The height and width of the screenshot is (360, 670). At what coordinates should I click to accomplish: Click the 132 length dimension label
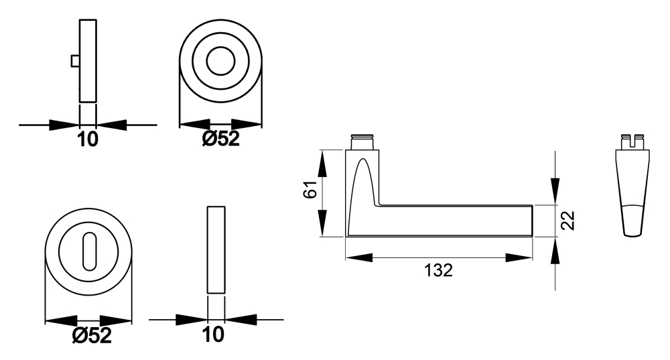438,270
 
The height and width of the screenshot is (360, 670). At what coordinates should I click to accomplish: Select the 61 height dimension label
311,189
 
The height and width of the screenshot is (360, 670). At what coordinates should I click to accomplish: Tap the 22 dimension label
568,221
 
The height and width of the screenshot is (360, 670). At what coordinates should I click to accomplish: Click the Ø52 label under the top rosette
220,139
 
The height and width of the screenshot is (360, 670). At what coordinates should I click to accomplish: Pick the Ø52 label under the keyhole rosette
92,336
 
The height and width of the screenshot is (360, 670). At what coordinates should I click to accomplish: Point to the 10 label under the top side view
88,139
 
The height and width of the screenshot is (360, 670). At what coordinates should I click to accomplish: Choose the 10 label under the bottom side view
213,335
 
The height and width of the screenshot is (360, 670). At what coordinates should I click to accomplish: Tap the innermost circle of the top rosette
220,61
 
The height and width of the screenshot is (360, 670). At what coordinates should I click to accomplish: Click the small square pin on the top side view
75,62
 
